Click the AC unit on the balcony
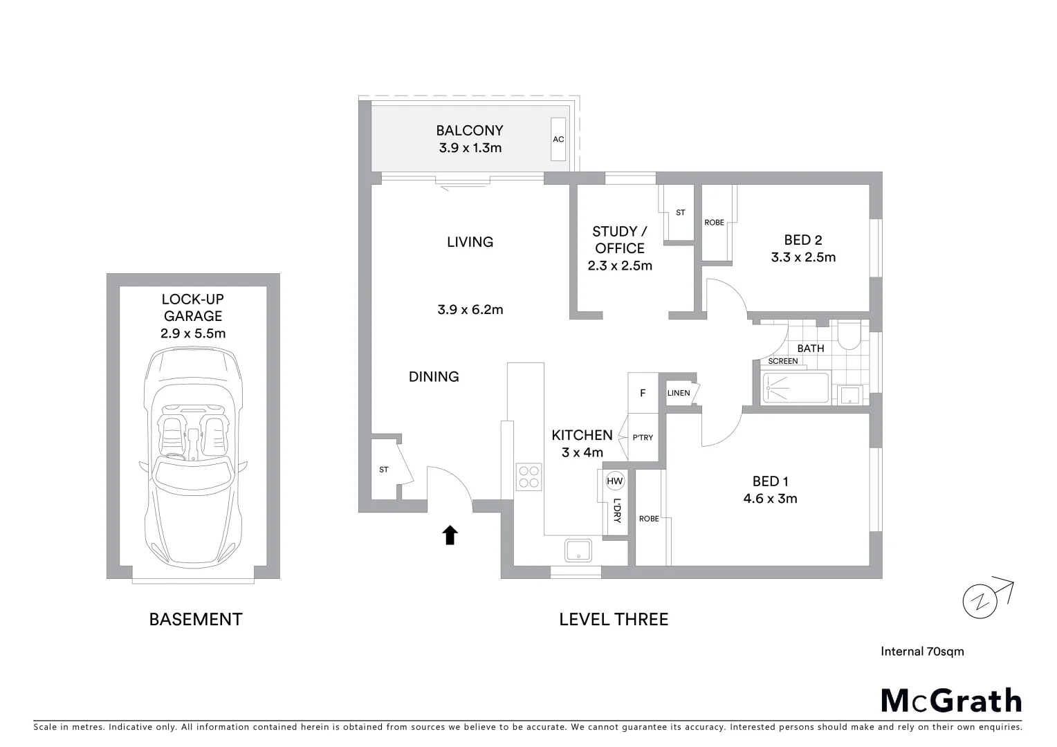(558, 140)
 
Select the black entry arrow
(450, 535)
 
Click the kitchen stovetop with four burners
(529, 477)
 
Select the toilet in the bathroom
(847, 338)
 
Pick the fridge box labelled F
(643, 394)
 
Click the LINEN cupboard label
(679, 394)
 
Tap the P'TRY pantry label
(643, 438)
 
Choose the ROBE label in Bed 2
(715, 223)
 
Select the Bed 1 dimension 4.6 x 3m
(770, 499)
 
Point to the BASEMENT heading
(196, 619)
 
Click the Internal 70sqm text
(922, 651)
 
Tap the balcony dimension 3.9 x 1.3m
(470, 147)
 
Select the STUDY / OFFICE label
(619, 240)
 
